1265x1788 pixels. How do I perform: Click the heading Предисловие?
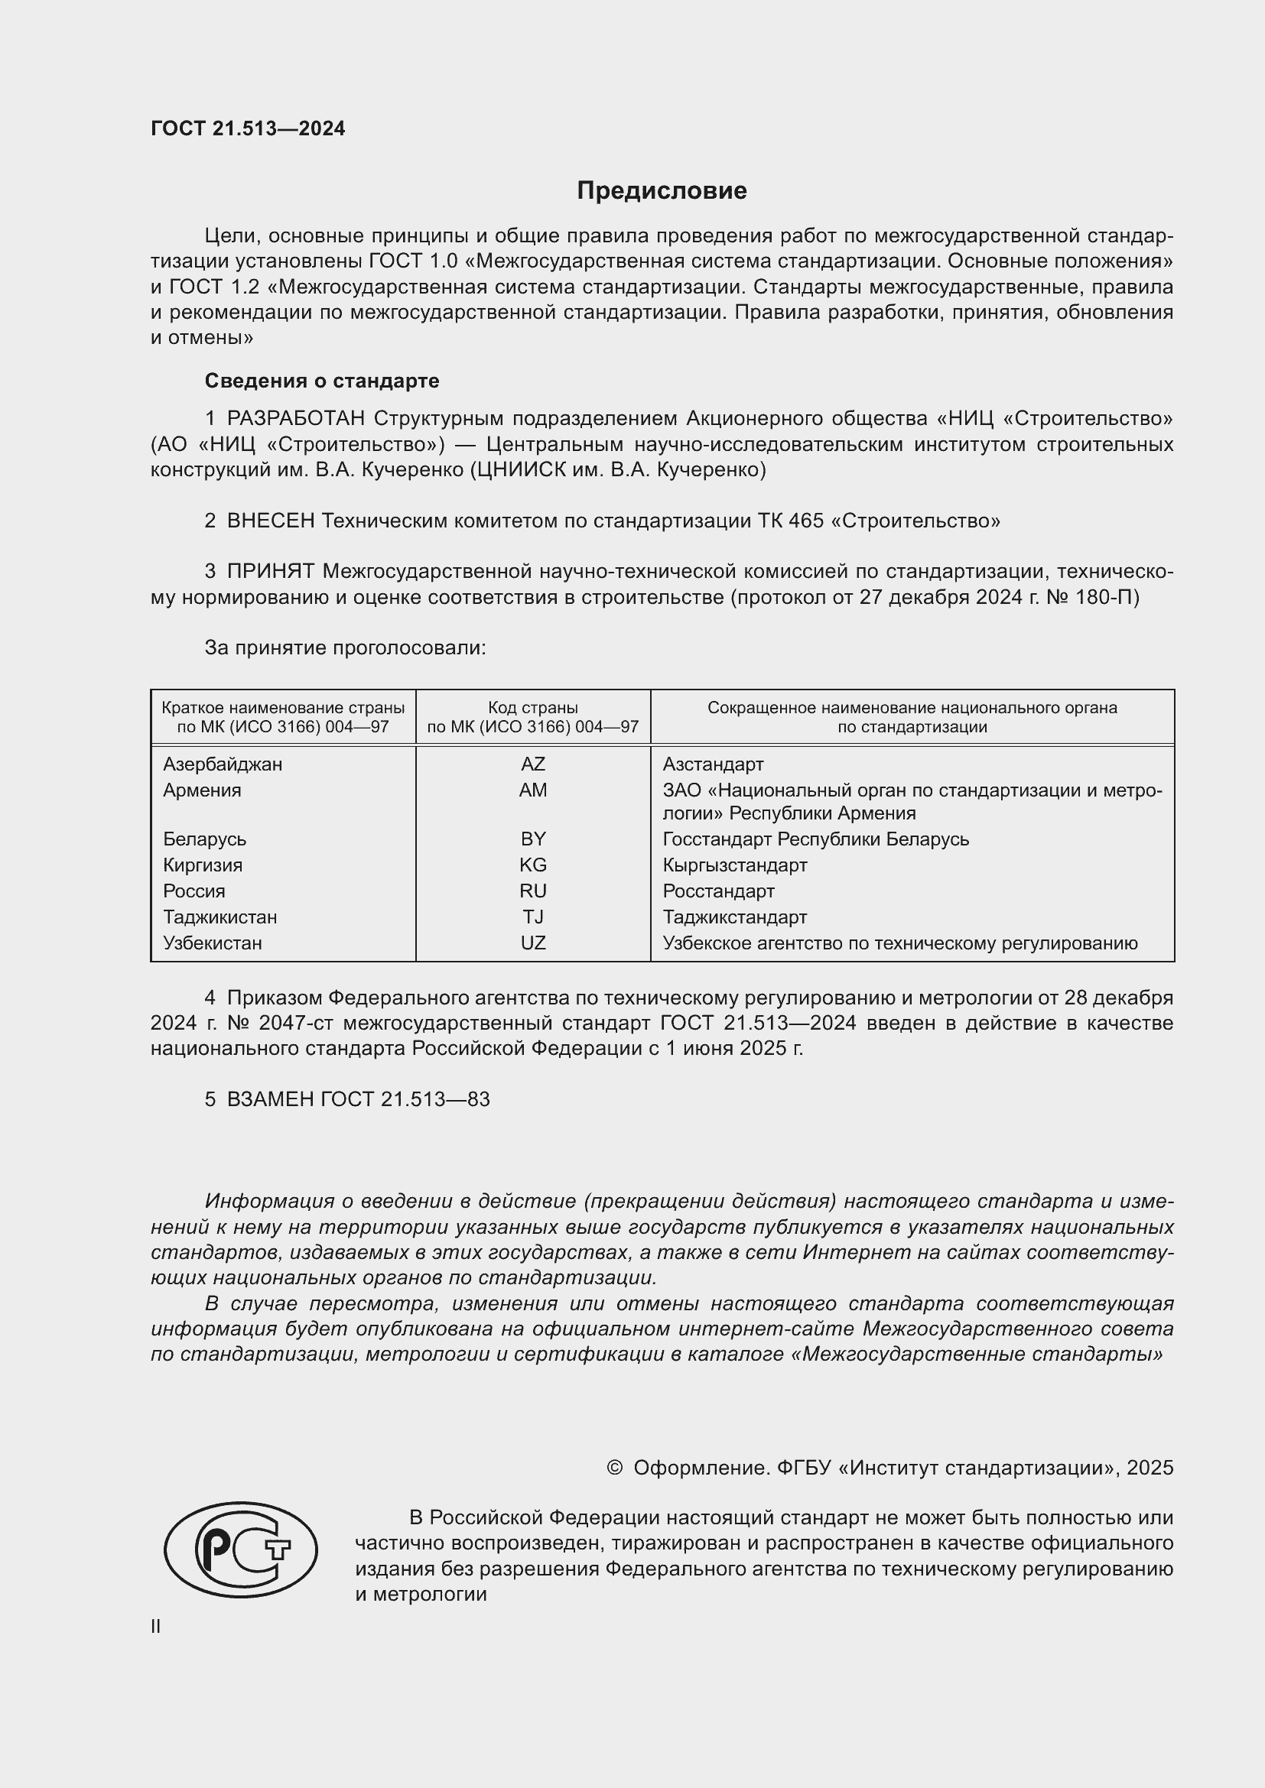click(662, 191)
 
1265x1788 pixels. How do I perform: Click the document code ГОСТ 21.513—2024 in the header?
click(248, 129)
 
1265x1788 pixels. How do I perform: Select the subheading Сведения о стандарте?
click(322, 381)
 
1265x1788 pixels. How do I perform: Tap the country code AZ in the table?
click(533, 764)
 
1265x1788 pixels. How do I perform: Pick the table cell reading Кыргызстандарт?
click(734, 865)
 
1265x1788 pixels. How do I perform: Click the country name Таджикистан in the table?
click(220, 917)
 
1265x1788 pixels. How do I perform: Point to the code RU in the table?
click(533, 891)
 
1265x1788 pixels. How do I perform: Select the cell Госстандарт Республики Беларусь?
click(815, 839)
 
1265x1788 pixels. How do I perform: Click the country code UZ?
click(533, 943)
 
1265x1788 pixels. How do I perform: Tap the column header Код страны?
click(533, 708)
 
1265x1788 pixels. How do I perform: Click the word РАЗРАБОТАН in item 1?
click(296, 419)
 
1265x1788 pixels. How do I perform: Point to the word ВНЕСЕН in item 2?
click(270, 521)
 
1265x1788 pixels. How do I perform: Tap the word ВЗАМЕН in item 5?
click(269, 1099)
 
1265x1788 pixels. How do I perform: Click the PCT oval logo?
click(241, 1549)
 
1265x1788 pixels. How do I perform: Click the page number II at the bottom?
click(156, 1627)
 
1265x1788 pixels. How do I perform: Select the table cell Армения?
click(202, 790)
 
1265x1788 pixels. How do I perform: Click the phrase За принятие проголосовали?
click(345, 648)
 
